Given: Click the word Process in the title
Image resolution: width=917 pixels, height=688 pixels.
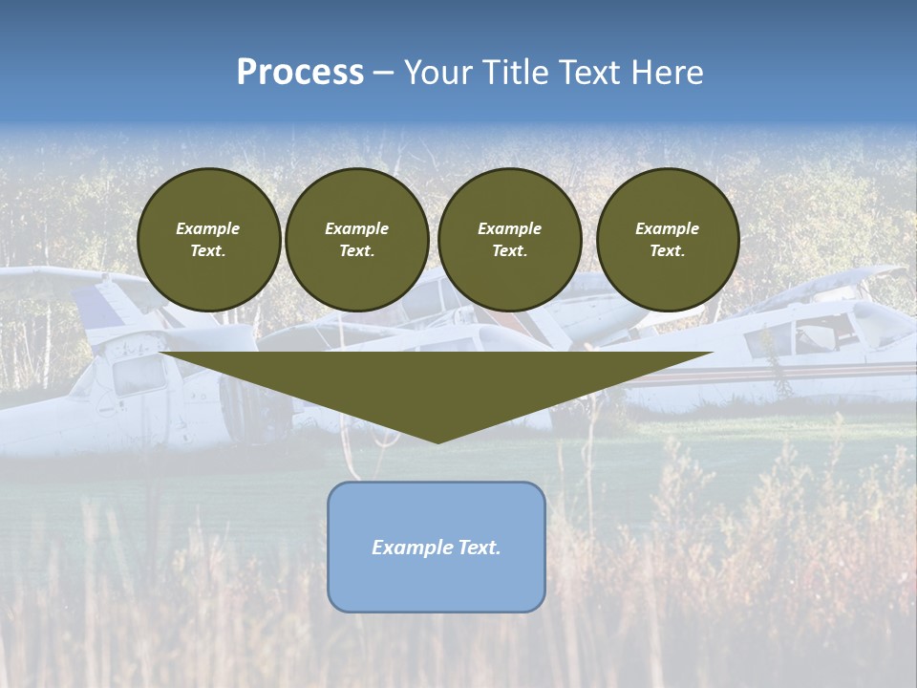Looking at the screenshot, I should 300,73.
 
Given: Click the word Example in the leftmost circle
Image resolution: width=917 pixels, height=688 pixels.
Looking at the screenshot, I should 208,228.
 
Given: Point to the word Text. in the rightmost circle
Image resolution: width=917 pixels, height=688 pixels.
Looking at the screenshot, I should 667,250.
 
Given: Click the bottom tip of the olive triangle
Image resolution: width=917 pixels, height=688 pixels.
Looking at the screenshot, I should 437,441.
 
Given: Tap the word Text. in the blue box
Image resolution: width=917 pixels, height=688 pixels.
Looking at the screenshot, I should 479,548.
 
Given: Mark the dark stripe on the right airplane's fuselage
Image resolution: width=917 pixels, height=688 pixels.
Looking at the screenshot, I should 764,372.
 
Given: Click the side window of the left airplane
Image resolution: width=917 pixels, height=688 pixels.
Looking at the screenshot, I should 138,376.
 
